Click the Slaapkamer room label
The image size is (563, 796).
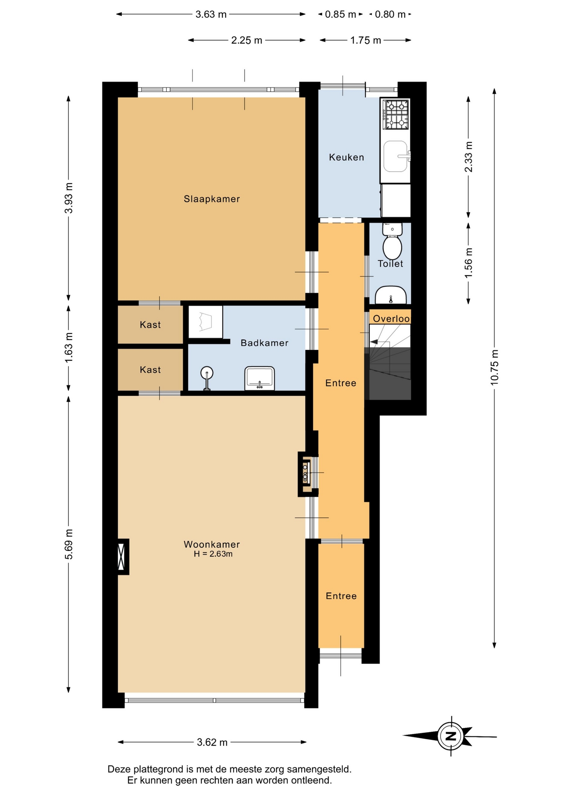pyautogui.click(x=212, y=199)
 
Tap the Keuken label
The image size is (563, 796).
pyautogui.click(x=347, y=157)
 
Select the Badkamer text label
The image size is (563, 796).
pyautogui.click(x=265, y=343)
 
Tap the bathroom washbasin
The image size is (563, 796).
pyautogui.click(x=260, y=378)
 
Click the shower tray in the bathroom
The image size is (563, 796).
pyautogui.click(x=206, y=322)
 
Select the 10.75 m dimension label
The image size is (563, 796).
pyautogui.click(x=494, y=367)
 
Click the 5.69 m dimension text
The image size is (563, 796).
pyautogui.click(x=69, y=544)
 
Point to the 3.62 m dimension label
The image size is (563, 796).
pyautogui.click(x=212, y=742)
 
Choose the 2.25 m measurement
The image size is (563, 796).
pyautogui.click(x=247, y=40)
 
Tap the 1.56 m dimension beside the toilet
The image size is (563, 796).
pyautogui.click(x=468, y=263)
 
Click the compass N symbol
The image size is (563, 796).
pyautogui.click(x=451, y=736)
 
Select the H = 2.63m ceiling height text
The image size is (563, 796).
pyautogui.click(x=213, y=554)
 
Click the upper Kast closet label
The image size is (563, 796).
pyautogui.click(x=150, y=325)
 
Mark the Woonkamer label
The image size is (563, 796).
pyautogui.click(x=212, y=544)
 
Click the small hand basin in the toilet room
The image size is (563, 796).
pyautogui.click(x=391, y=295)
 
